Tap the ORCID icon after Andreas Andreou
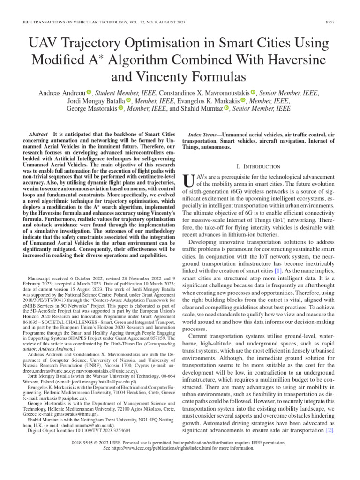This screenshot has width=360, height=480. [89, 93]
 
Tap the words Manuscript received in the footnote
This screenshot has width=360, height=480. [49, 278]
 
